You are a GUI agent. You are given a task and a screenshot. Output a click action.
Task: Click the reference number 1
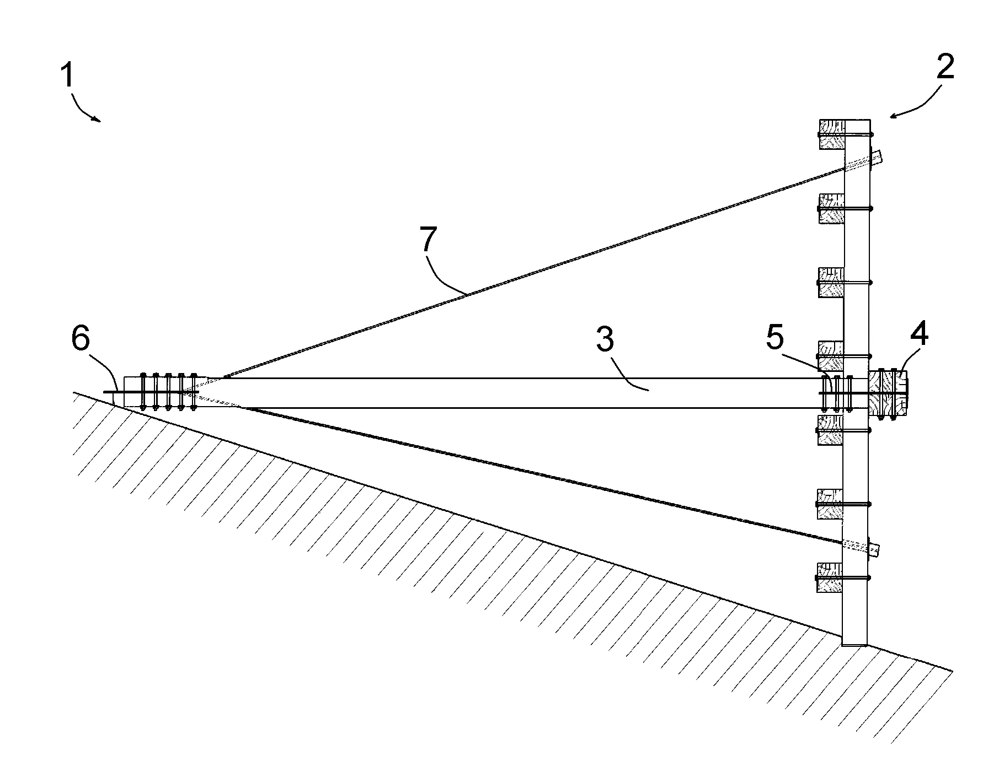click(67, 75)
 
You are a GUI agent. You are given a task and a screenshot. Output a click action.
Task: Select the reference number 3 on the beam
click(606, 339)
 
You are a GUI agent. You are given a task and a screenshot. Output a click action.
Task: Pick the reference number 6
click(81, 338)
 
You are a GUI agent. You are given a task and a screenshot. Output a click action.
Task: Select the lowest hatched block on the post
click(830, 577)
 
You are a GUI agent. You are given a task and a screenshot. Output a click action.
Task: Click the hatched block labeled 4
click(888, 393)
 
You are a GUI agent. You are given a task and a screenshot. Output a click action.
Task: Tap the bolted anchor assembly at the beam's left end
click(160, 392)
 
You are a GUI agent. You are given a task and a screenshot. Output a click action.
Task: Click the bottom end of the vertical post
click(854, 645)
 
